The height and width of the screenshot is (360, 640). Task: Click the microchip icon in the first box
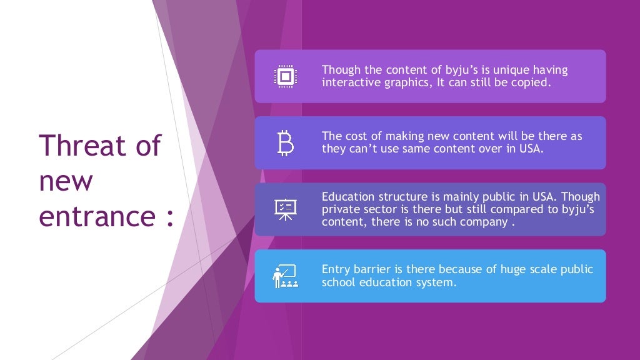[x=285, y=76]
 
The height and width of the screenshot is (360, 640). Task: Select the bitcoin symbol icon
[x=285, y=143]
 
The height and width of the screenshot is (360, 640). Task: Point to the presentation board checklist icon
[x=285, y=209]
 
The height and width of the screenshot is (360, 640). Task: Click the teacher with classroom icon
[x=285, y=276]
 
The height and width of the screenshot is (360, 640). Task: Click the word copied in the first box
[x=533, y=82]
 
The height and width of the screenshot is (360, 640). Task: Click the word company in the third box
[x=481, y=222]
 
